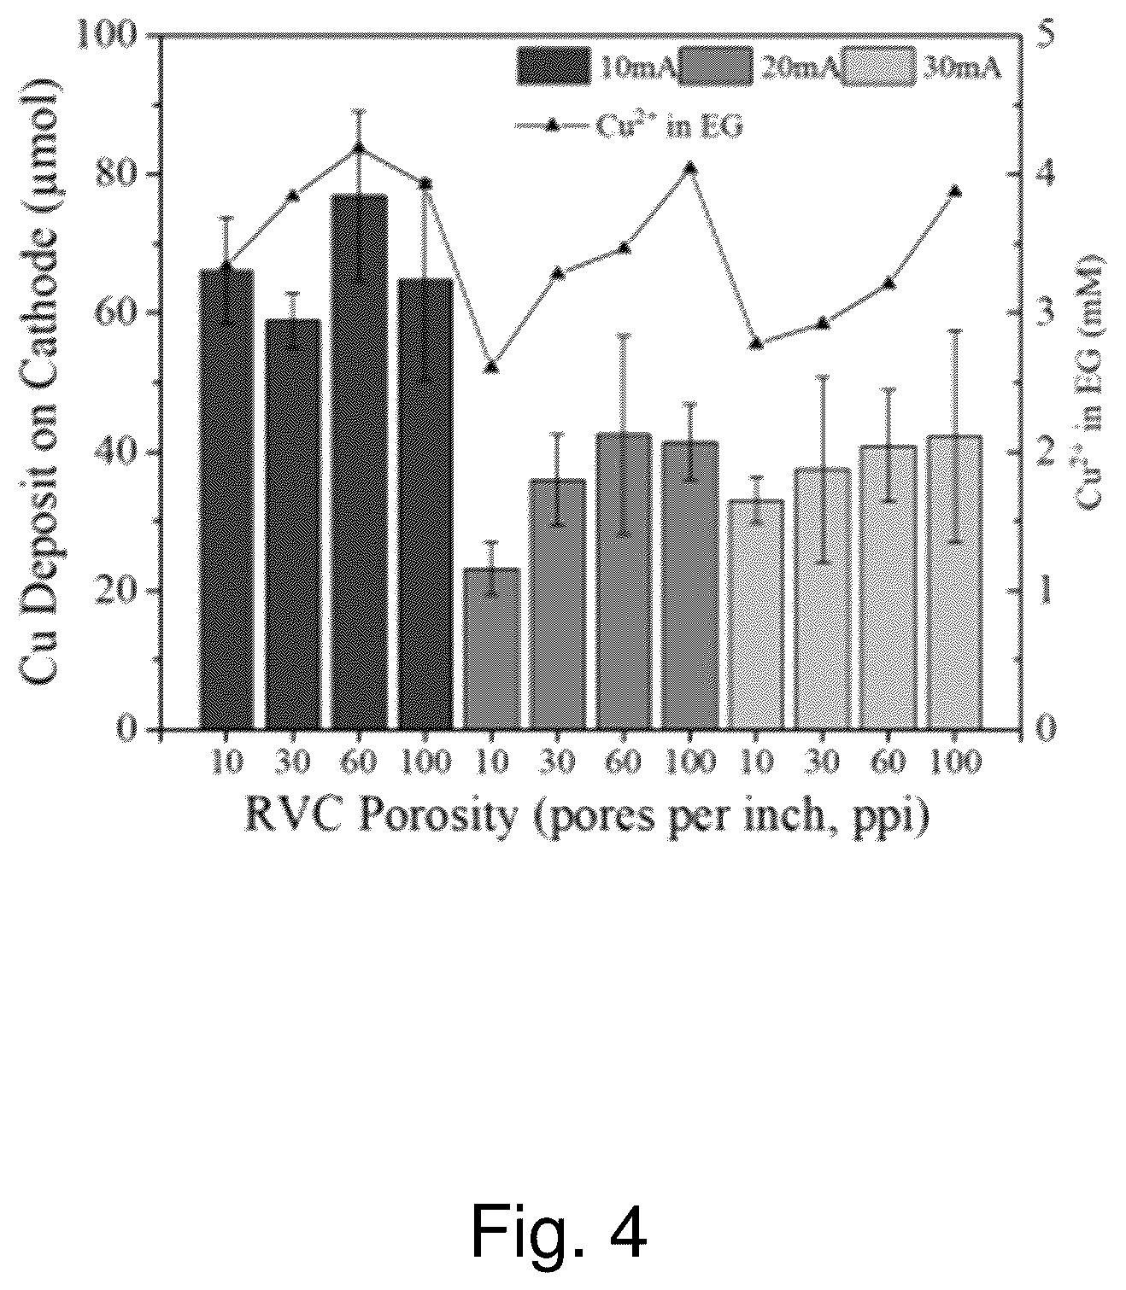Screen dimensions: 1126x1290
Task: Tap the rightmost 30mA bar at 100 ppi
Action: (x=953, y=582)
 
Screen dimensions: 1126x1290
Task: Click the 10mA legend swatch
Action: (x=554, y=66)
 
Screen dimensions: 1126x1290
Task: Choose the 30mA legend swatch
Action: (x=878, y=66)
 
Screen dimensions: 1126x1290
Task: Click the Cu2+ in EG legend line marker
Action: (x=552, y=126)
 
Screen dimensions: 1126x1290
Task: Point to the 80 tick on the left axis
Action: (x=155, y=175)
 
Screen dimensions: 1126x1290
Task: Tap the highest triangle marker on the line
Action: (x=358, y=149)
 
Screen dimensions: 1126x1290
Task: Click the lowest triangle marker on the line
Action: (x=491, y=367)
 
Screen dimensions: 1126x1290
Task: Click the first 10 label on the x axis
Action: (x=226, y=763)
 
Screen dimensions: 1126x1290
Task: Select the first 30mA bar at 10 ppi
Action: (x=755, y=614)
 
